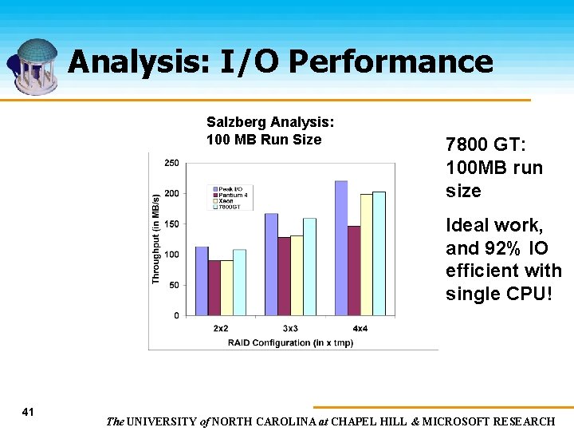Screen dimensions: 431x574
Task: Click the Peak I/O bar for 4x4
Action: point(340,248)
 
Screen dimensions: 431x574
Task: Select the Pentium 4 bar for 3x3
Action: point(284,276)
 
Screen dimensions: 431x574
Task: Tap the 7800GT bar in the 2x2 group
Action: point(239,283)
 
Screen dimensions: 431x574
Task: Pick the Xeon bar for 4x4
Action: point(366,255)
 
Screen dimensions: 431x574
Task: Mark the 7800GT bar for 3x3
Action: point(309,267)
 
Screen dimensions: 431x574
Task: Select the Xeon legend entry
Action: point(227,200)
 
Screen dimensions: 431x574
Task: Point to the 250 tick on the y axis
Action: point(171,163)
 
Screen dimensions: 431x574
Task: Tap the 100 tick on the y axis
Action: point(171,255)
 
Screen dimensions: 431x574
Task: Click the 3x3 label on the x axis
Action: point(290,329)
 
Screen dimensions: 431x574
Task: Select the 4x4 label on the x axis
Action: point(359,329)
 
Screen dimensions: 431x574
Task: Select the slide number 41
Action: point(28,412)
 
